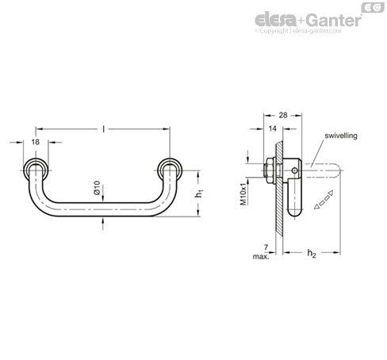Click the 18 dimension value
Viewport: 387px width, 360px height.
pos(36,142)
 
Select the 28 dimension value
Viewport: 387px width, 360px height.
pos(283,115)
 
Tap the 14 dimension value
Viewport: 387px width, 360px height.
pos(272,128)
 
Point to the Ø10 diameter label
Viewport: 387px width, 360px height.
pos(97,188)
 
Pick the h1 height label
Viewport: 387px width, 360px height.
pos(199,193)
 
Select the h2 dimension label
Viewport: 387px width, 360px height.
pos(312,253)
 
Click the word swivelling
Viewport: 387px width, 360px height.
pos(341,136)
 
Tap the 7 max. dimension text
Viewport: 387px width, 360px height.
pos(262,252)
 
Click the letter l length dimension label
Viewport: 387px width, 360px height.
pos(104,129)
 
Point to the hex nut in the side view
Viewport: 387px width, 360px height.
pos(270,170)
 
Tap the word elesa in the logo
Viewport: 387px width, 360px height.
pos(276,20)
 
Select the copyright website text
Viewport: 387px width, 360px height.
pos(298,31)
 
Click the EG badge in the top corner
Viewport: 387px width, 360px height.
pos(373,7)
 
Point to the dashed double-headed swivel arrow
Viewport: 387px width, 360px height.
pos(324,200)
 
